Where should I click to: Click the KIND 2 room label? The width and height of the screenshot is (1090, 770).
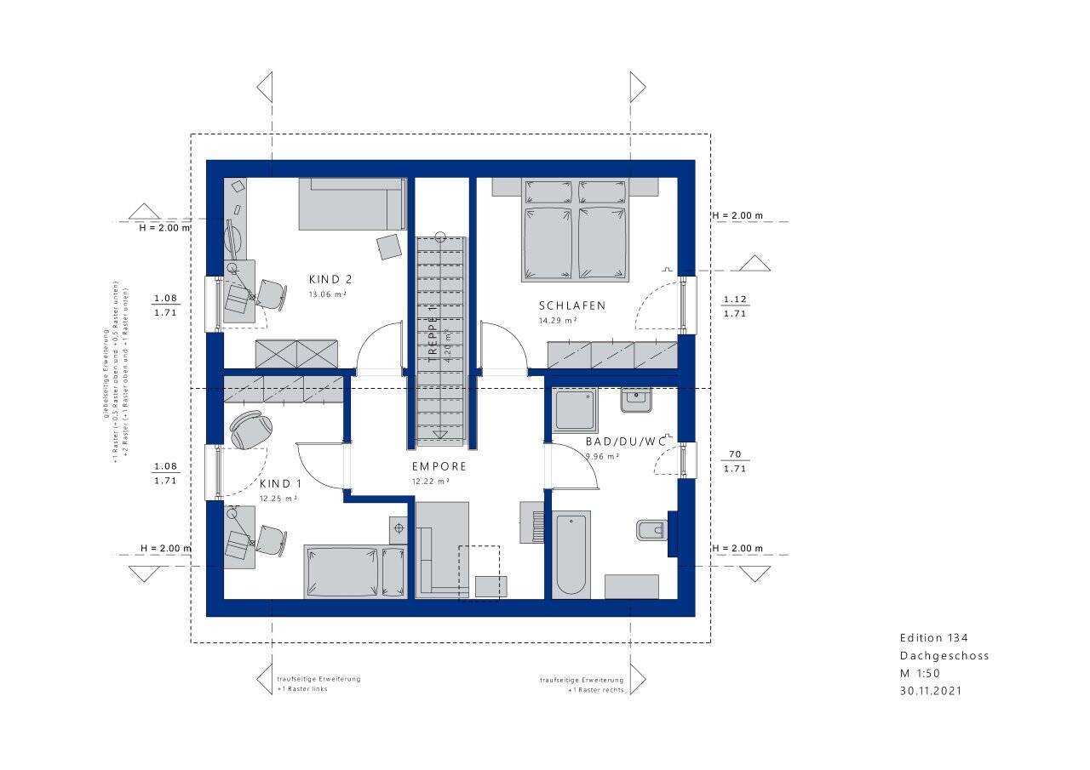coord(330,279)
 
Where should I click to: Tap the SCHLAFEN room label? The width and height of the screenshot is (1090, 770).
coord(571,305)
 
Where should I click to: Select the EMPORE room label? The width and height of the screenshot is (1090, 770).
coord(439,466)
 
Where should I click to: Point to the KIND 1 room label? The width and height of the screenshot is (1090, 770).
coord(280,482)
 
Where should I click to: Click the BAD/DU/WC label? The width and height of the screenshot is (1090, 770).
coord(625,442)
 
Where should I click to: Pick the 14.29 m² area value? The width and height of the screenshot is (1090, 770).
coord(558,321)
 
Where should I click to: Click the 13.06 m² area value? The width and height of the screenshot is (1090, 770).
coord(327,294)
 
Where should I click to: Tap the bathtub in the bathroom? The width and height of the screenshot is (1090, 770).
coord(571,554)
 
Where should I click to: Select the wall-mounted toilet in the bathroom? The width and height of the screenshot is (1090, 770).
coord(651,531)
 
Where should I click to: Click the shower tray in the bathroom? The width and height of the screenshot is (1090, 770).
coord(576,411)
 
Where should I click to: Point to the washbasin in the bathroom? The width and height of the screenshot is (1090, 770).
coord(635,399)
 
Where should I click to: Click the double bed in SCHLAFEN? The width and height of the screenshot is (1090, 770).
coord(576,230)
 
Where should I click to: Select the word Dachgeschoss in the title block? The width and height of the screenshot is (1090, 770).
coord(944,656)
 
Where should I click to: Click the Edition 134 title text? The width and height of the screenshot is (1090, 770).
coord(933,638)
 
